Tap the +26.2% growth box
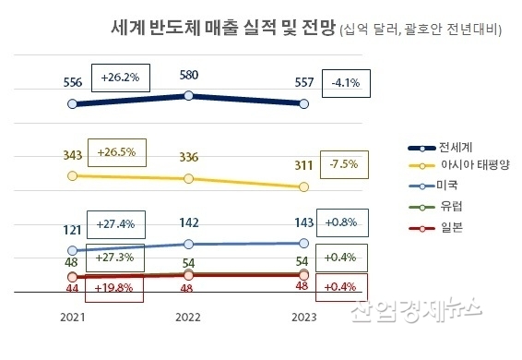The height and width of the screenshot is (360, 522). point(120,78)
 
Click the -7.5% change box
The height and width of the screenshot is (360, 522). point(342,166)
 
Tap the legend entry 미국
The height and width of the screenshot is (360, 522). point(451,187)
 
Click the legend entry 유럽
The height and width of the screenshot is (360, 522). point(451,208)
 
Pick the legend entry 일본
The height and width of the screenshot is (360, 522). point(451,227)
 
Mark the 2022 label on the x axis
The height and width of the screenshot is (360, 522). point(188,317)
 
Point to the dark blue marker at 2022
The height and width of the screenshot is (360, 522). point(188,95)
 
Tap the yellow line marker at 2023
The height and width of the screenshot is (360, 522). point(304,187)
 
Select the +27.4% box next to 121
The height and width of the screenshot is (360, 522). point(121,224)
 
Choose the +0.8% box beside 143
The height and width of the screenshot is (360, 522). point(342,222)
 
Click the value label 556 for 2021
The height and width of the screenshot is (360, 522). point(72,82)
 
